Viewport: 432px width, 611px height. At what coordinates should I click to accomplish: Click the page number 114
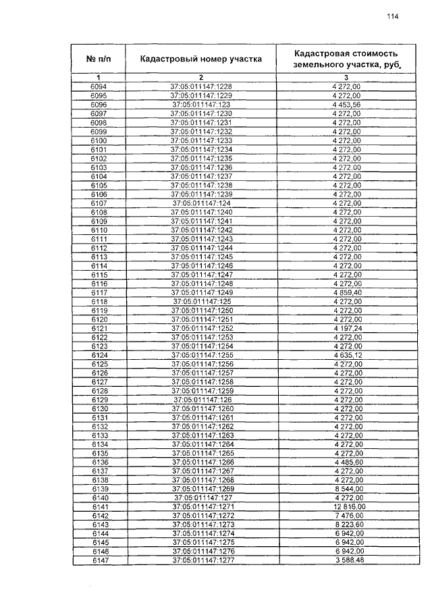click(393, 18)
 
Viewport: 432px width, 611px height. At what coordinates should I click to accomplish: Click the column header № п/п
click(99, 59)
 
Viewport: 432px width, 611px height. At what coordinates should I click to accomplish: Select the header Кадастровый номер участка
click(200, 59)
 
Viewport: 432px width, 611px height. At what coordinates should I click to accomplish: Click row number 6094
click(99, 87)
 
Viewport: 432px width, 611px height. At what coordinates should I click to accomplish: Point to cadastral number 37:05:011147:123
click(201, 105)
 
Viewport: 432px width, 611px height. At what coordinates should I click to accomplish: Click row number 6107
click(99, 203)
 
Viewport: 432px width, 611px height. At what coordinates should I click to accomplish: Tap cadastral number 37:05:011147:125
click(201, 301)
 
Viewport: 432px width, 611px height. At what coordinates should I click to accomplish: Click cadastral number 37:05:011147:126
click(201, 400)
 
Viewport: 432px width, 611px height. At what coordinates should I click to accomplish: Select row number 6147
click(99, 560)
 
